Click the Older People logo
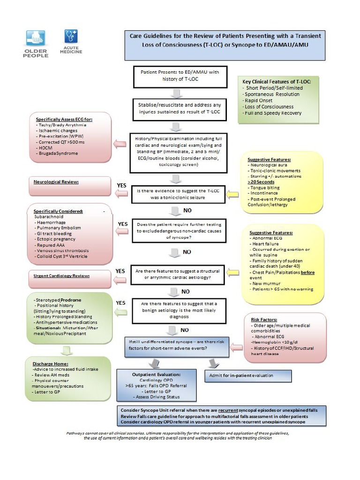click(x=36, y=43)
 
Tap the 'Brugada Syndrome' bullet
click(x=59, y=153)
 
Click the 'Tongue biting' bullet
click(x=265, y=187)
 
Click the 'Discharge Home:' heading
click(x=51, y=364)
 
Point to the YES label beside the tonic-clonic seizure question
click(x=121, y=186)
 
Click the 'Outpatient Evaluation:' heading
click(x=156, y=375)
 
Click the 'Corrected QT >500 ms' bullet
click(x=61, y=142)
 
